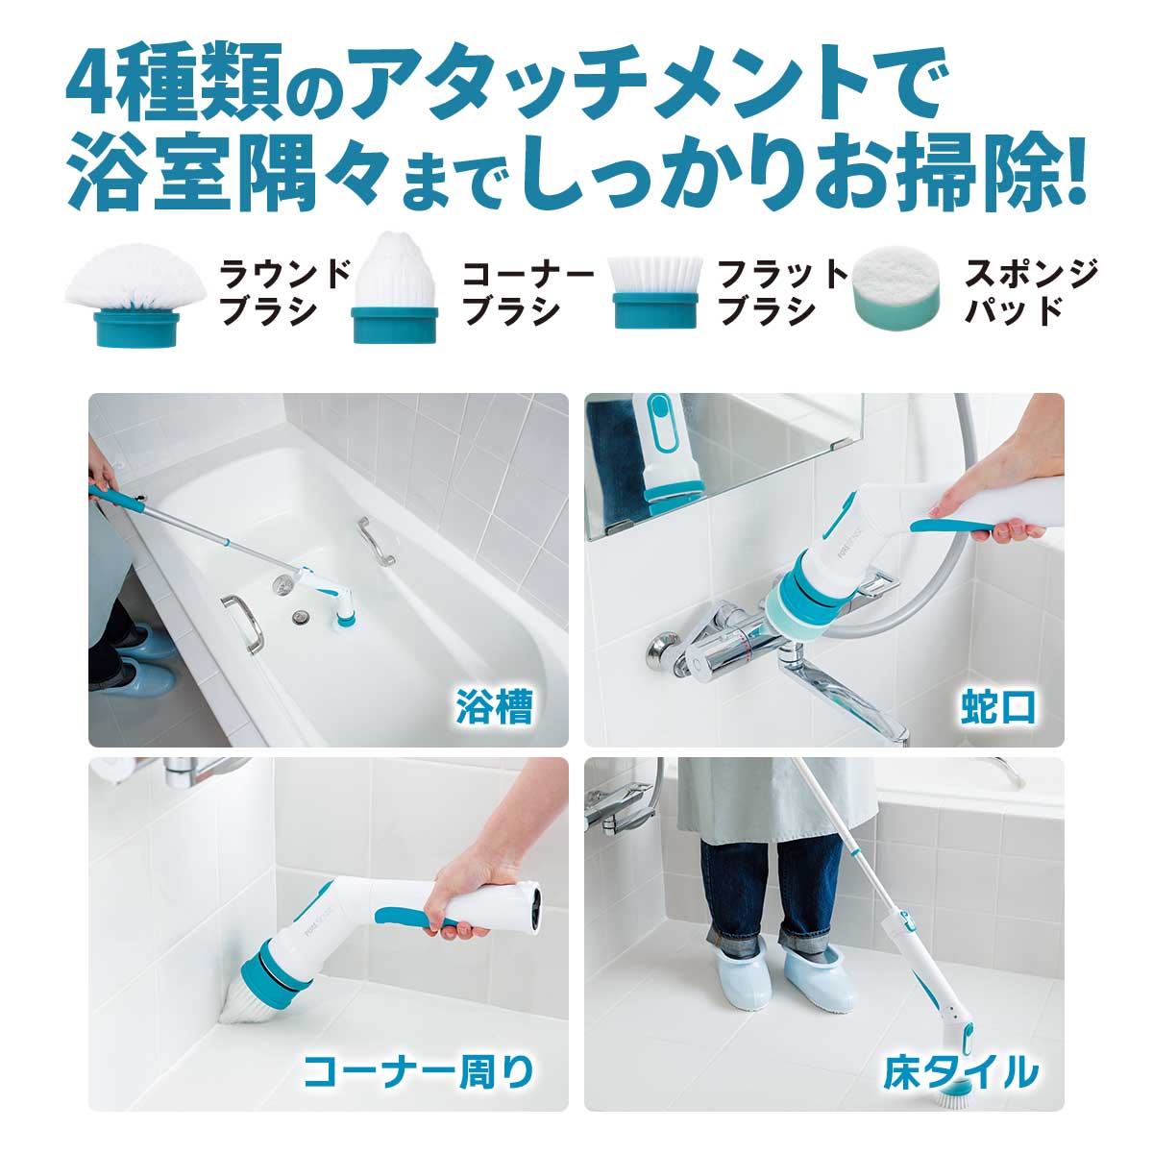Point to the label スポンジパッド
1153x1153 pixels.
[1031, 292]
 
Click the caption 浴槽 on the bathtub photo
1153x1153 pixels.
[494, 708]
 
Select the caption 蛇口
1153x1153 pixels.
[999, 708]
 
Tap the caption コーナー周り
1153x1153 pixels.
[417, 1071]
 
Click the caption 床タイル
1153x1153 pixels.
[961, 1072]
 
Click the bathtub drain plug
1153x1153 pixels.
[300, 612]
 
